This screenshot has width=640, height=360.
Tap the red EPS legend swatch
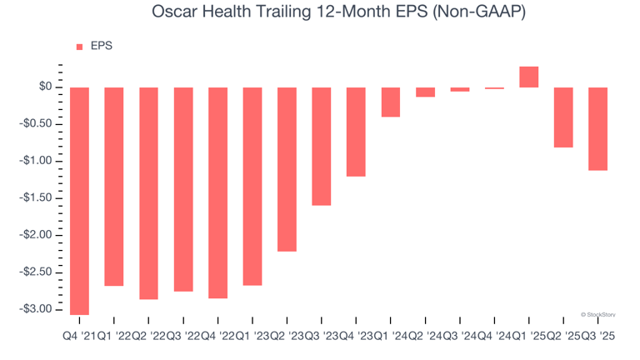(x=80, y=47)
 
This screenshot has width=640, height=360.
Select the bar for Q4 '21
(x=79, y=200)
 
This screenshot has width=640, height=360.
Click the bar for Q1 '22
(x=114, y=186)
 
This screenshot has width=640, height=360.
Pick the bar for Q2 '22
(x=148, y=192)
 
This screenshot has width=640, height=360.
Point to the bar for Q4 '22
(x=217, y=192)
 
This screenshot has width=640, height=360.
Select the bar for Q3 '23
(x=322, y=146)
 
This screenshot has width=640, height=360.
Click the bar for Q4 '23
(x=356, y=132)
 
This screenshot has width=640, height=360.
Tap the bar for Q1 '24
(x=391, y=102)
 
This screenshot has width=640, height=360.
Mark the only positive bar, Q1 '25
(x=528, y=77)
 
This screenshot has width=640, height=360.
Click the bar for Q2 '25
(x=563, y=117)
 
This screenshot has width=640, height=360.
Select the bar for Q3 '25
(x=597, y=128)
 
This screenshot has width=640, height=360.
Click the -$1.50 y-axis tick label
(x=37, y=198)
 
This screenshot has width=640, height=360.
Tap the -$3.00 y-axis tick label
(x=37, y=309)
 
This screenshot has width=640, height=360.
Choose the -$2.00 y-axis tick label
(x=37, y=235)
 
